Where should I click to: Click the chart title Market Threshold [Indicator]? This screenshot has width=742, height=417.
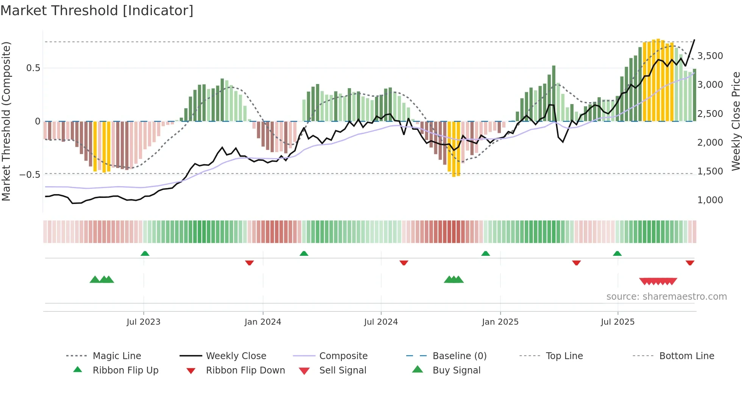coord(97,11)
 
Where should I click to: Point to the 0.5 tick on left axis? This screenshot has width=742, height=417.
coord(33,68)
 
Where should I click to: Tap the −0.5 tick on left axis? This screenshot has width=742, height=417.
coord(30,174)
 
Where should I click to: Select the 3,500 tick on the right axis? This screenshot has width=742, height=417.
coord(710,56)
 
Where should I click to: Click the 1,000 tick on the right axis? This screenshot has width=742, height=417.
coord(710,200)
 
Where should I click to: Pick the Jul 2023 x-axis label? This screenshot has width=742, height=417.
coord(143,322)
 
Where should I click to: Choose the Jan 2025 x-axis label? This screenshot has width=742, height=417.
coord(500,322)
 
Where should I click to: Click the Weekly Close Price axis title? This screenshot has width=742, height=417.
coord(736,121)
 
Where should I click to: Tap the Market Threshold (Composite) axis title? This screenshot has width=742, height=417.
coord(6,121)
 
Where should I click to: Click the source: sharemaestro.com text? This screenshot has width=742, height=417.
coord(666,297)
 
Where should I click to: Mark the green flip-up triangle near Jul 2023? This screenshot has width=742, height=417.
coord(145,254)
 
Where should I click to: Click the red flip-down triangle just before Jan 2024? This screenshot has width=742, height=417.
coord(249,263)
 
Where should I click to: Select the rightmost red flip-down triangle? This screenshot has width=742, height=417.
coord(690,263)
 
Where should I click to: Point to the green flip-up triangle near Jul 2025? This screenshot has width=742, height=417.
coord(617,254)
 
